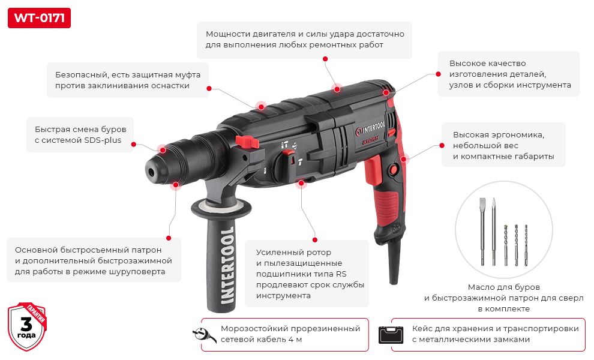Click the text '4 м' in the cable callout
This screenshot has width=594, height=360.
click(295, 340)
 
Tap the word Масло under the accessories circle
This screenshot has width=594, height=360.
click(482, 287)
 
